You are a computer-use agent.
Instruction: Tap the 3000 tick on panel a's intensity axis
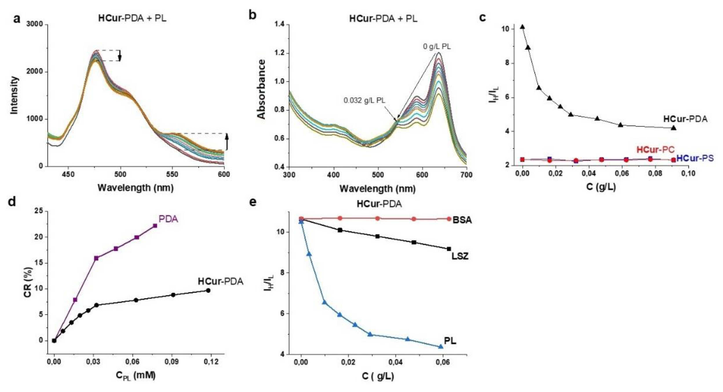coord(35,24)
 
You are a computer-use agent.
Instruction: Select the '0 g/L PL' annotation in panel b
coord(437,46)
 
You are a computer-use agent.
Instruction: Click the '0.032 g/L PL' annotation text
coord(365,100)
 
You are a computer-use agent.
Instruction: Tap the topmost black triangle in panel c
coord(522,27)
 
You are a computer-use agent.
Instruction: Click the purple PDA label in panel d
coord(168,219)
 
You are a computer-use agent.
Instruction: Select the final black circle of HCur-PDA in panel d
coord(208,290)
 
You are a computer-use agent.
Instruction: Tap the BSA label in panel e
coord(462,220)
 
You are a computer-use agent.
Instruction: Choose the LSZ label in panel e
coord(460,256)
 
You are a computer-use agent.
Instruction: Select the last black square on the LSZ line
coord(449,249)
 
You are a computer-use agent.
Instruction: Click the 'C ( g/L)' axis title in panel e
coord(378,376)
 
